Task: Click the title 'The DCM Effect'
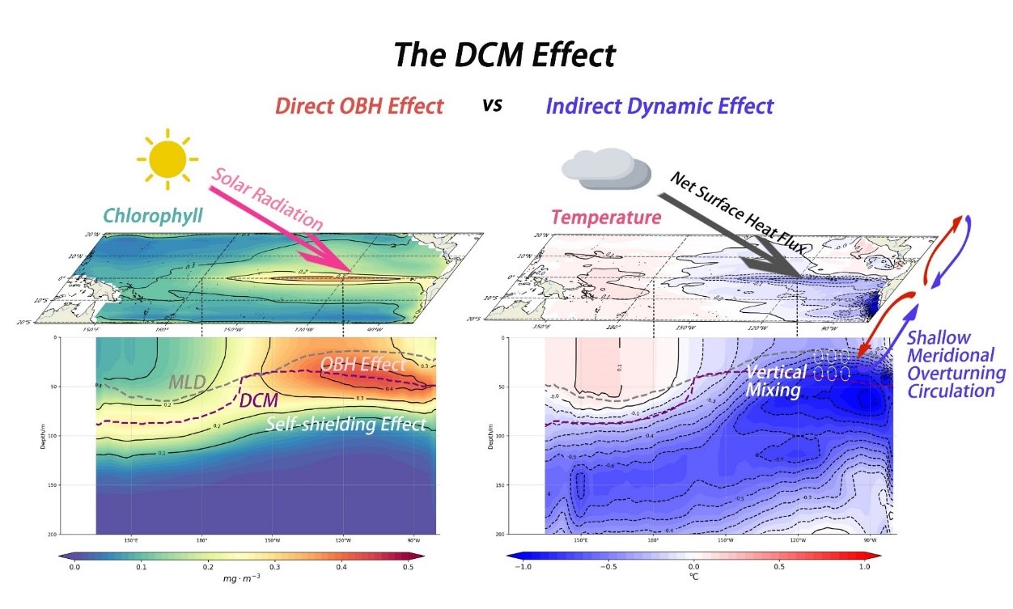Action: [x=505, y=55]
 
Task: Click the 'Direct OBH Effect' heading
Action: [x=359, y=106]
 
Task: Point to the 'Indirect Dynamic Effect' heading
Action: [x=659, y=106]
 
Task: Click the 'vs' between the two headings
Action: [x=493, y=105]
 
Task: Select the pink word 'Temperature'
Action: [x=606, y=217]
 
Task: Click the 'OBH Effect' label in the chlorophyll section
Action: [x=363, y=365]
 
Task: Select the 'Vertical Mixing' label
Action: [x=776, y=381]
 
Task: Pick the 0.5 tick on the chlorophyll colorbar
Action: [x=408, y=568]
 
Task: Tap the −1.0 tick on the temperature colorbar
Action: [x=521, y=568]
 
